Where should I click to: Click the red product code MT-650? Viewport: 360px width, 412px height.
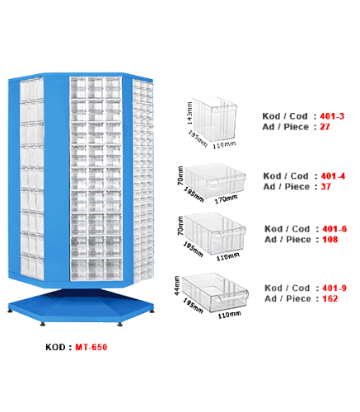pos(91,347)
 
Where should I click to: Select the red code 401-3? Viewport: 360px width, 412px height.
pos(332,116)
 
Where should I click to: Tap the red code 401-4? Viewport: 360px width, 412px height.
pos(333,176)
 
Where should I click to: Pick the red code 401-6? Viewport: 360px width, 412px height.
pos(334,229)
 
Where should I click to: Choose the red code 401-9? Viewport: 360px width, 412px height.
pos(334,288)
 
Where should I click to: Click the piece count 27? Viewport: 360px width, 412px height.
pos(325,127)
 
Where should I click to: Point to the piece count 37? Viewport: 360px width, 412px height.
pos(326,186)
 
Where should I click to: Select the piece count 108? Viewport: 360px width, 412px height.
pos(330,240)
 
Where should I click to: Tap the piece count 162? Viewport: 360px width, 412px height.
pos(330,298)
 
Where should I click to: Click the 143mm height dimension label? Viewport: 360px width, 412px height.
pos(189,113)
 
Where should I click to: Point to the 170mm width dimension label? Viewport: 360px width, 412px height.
pos(226,199)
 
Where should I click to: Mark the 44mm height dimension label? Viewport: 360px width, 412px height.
pos(177,286)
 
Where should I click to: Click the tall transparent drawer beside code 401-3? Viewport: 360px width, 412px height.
pos(215,119)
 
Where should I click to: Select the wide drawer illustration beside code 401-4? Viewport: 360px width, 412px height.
pos(215,180)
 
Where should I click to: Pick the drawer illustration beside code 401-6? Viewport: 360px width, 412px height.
pos(215,233)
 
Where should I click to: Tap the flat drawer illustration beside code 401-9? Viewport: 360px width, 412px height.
pos(215,292)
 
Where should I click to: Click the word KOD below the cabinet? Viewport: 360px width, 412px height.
pos(55,347)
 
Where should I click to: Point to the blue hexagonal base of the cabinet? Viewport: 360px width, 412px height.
pos(81,306)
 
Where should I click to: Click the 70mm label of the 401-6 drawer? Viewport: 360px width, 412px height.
pos(180,226)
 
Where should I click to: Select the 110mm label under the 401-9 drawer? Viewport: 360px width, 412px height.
pos(230,315)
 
